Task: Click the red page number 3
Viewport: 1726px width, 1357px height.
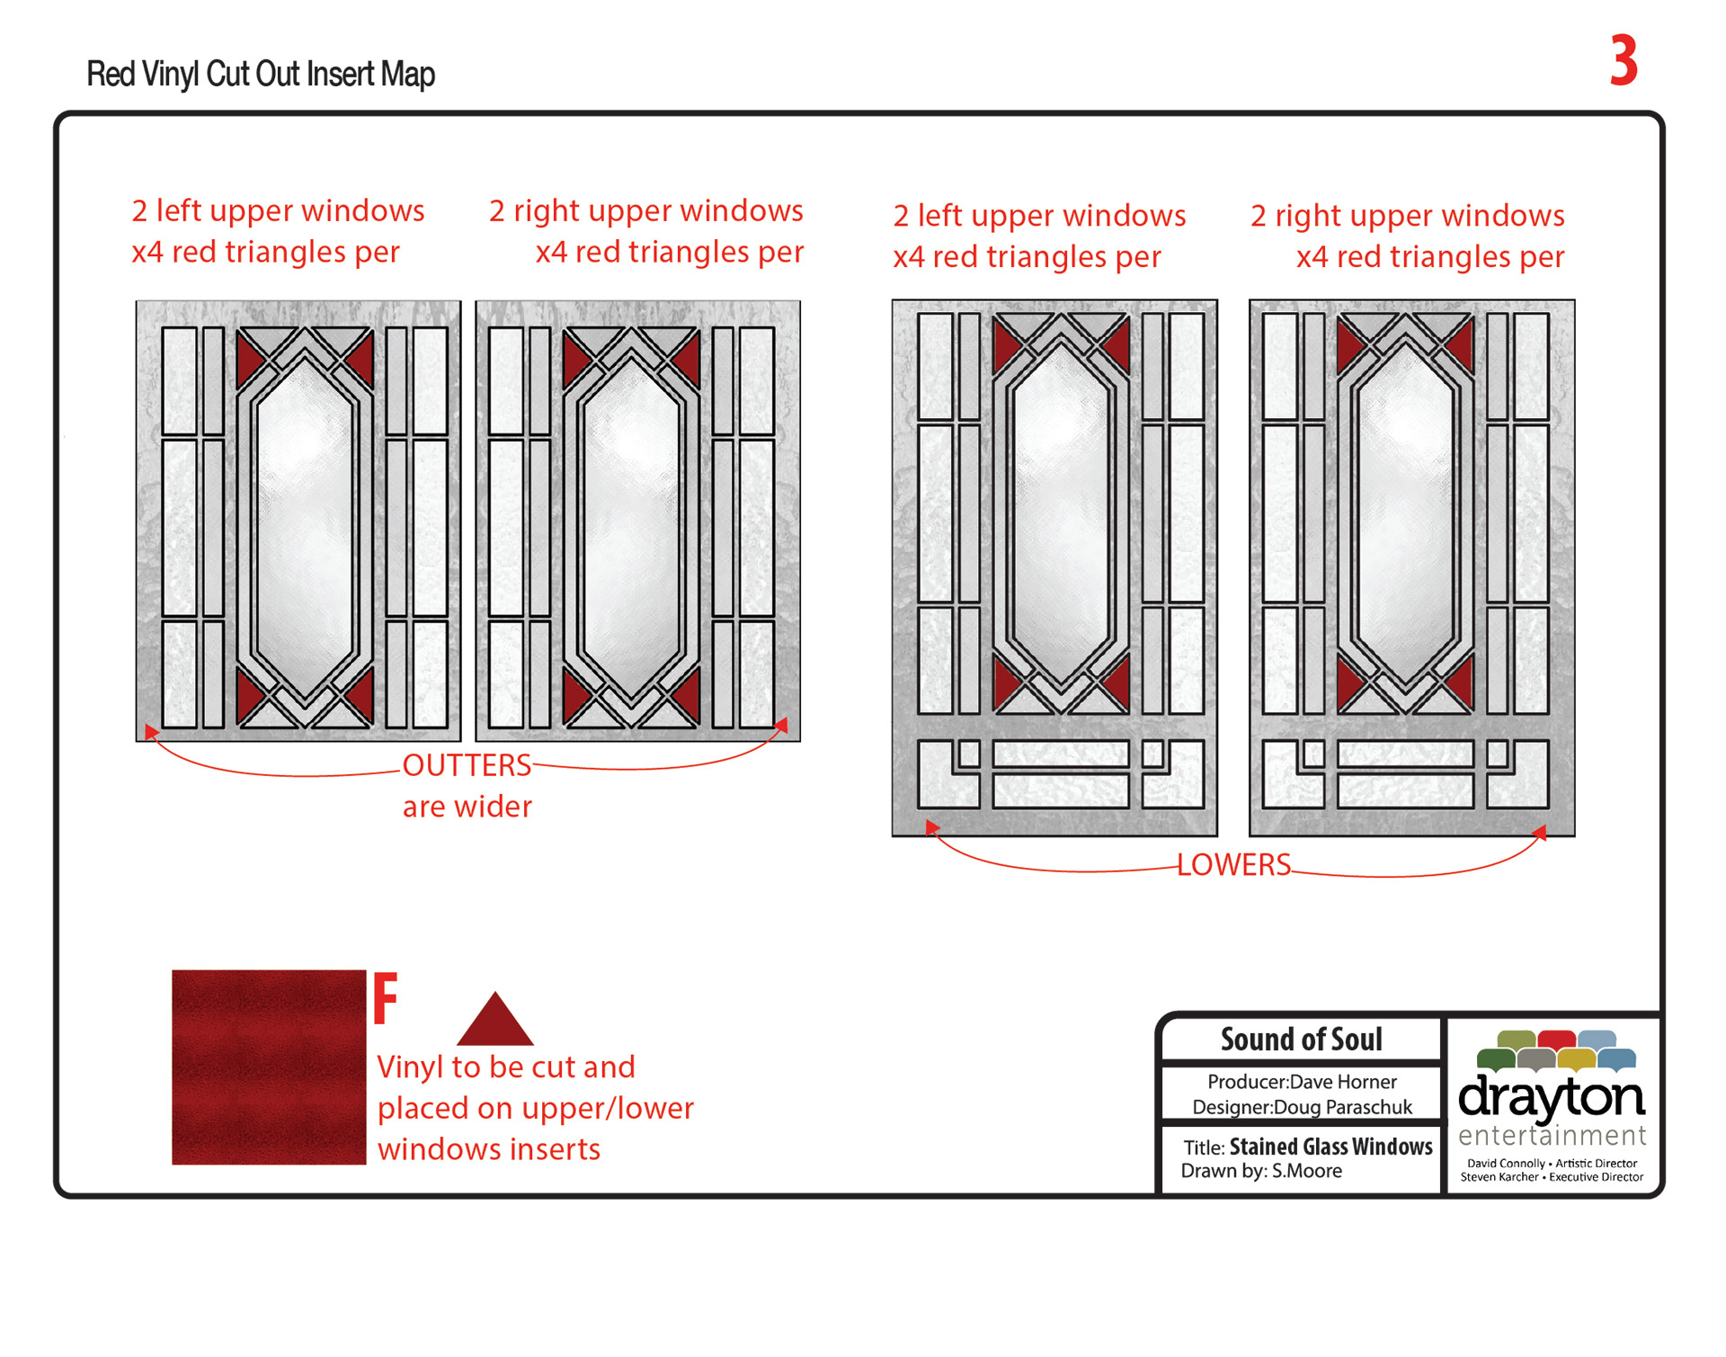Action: click(x=1623, y=61)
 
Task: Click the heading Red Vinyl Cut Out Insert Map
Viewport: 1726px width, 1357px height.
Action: click(x=261, y=74)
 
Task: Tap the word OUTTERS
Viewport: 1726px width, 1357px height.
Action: click(x=467, y=765)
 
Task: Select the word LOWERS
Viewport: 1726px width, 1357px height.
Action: click(x=1233, y=865)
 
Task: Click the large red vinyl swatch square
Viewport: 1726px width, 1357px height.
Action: click(x=269, y=1067)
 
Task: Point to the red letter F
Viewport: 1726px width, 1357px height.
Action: click(x=386, y=998)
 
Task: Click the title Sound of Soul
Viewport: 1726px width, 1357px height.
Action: click(x=1301, y=1040)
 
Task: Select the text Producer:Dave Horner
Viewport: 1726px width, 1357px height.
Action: click(x=1302, y=1082)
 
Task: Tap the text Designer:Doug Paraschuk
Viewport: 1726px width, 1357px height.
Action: click(x=1302, y=1107)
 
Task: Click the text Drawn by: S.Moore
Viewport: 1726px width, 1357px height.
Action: click(x=1260, y=1171)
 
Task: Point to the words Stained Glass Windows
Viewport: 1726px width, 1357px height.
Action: click(x=1330, y=1147)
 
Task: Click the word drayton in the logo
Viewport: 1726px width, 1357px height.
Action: click(x=1551, y=1098)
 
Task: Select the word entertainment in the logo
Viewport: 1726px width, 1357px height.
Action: click(x=1552, y=1136)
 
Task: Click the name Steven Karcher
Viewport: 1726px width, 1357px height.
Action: click(x=1499, y=1177)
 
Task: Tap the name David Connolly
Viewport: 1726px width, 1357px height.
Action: click(x=1506, y=1164)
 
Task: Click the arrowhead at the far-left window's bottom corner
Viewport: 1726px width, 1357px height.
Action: click(x=150, y=732)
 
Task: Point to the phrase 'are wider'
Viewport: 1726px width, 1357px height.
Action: click(x=467, y=807)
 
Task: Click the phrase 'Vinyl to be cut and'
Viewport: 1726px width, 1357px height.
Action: click(x=505, y=1067)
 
